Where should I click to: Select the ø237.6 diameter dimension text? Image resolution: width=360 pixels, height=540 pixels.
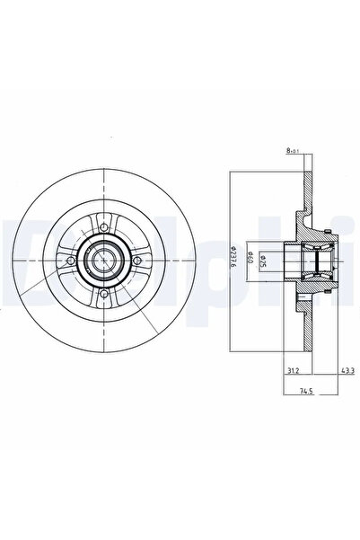coord(234,261)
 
